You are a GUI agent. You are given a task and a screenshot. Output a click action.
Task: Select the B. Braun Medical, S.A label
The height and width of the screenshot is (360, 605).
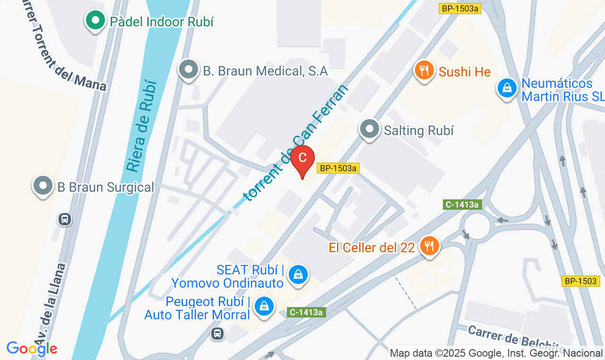tap(265, 71)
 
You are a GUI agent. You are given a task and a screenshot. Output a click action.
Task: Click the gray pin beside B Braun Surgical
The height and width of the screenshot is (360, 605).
tap(43, 186)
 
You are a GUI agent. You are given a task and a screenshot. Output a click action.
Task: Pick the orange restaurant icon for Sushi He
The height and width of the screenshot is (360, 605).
tap(424, 70)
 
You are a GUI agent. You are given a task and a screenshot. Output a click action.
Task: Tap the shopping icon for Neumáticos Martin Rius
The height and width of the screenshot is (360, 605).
tap(507, 87)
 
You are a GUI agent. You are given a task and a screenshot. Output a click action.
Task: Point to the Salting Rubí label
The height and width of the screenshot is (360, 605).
tap(418, 130)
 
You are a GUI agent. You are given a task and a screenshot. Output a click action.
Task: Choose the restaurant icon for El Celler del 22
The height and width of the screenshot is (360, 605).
tap(430, 246)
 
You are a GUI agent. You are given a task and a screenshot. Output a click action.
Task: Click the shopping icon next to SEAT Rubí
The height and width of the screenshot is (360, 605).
tap(298, 274)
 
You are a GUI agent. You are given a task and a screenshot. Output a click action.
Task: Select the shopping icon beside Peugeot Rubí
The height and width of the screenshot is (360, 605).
tap(265, 306)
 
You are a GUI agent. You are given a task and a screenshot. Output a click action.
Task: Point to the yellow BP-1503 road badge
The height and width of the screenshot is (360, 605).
tap(581, 281)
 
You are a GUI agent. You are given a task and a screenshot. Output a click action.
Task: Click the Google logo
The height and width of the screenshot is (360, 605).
tap(32, 349)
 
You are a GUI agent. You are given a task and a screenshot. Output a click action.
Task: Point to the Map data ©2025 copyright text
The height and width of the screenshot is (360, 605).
tap(496, 353)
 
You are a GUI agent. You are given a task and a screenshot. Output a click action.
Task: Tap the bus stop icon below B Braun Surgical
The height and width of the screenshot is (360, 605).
tap(65, 219)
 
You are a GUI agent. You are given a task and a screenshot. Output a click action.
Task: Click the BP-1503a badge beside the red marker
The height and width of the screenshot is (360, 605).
tap(338, 168)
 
